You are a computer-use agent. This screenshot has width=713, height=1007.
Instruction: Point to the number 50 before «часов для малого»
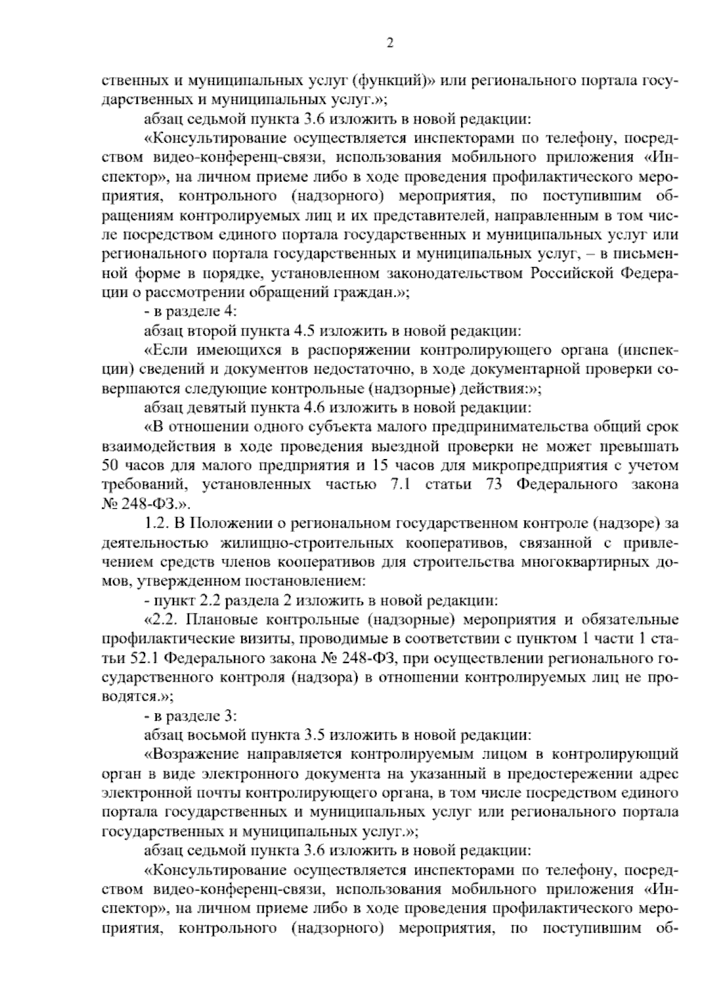pos(111,465)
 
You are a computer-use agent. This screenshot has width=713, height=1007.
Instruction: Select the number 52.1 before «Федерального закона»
pos(143,658)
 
